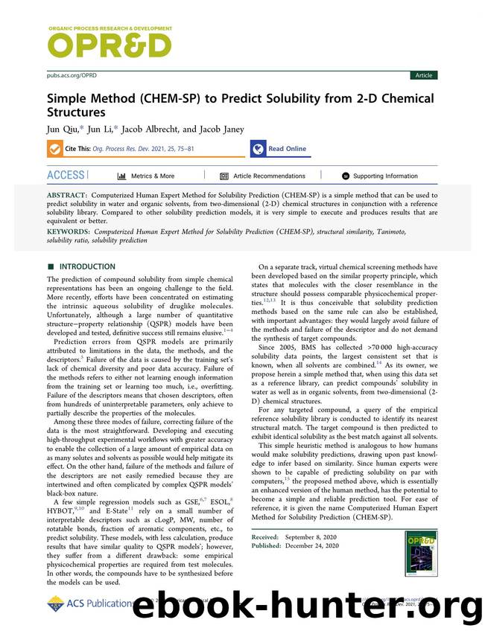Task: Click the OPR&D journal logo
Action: point(109,45)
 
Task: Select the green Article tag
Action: point(423,75)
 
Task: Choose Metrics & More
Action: point(146,176)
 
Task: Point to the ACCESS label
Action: point(66,175)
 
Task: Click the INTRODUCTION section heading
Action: point(87,266)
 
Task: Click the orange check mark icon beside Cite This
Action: point(55,149)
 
